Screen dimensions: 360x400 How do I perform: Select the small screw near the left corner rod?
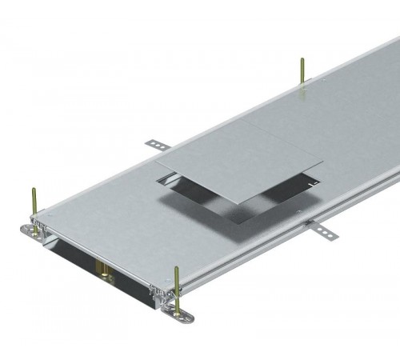(46, 216)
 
